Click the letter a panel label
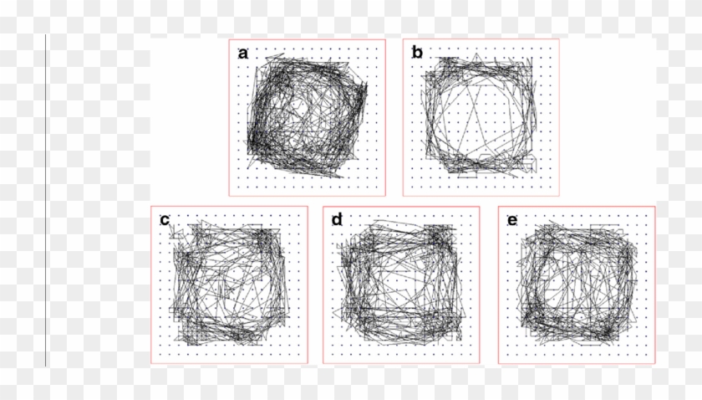(x=243, y=54)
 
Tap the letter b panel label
(x=417, y=54)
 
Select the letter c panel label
(x=165, y=220)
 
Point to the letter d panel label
(x=337, y=220)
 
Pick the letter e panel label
(x=511, y=220)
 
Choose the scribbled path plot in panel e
(x=577, y=285)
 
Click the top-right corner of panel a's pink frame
(x=385, y=39)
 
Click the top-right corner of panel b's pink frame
(x=559, y=39)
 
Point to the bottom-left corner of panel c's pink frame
(x=151, y=364)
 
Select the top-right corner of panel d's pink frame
(x=480, y=207)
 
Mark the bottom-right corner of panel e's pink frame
(x=655, y=364)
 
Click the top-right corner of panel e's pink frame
(x=655, y=207)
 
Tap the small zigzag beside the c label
(x=174, y=231)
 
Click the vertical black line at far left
(x=45, y=201)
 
